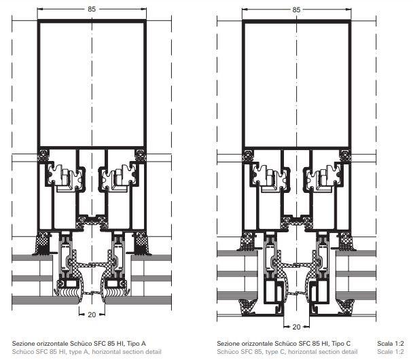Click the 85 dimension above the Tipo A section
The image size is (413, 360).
click(92, 10)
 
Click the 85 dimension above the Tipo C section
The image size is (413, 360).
click(296, 10)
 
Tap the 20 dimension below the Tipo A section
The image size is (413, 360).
click(92, 314)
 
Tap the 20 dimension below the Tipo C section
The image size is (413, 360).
click(296, 327)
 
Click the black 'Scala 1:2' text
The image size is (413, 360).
click(391, 344)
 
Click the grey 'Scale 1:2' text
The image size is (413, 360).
click(391, 352)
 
